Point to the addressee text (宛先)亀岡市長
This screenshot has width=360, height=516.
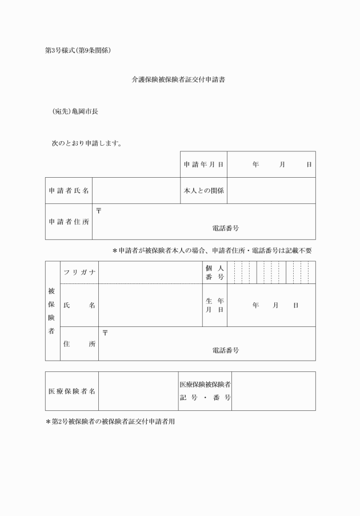pyautogui.click(x=74, y=111)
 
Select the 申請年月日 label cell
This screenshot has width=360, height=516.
pyautogui.click(x=203, y=165)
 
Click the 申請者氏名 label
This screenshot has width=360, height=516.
pyautogui.click(x=69, y=191)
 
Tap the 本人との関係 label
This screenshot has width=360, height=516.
pyautogui.click(x=203, y=191)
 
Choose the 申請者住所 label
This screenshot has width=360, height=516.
pyautogui.click(x=69, y=222)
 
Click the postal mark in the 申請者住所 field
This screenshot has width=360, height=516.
pyautogui.click(x=98, y=210)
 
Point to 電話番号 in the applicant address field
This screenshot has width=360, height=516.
pyautogui.click(x=225, y=228)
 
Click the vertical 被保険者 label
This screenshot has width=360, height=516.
pyautogui.click(x=53, y=311)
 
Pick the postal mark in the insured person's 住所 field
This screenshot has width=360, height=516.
pyautogui.click(x=105, y=333)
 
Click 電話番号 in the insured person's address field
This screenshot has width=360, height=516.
pyautogui.click(x=225, y=350)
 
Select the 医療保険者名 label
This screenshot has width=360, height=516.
pyautogui.click(x=71, y=391)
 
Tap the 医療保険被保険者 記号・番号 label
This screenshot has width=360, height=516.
pyautogui.click(x=205, y=391)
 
